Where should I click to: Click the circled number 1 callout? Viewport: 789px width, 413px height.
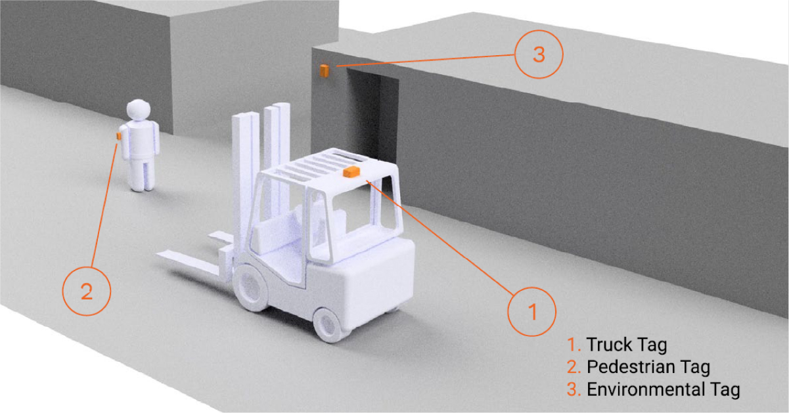tap(532, 312)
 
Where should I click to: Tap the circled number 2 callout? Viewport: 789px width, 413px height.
tap(87, 291)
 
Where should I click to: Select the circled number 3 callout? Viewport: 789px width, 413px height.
tap(539, 54)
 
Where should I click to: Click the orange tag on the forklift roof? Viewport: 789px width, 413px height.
tap(351, 172)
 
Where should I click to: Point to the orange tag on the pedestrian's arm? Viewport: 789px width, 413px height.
tap(119, 136)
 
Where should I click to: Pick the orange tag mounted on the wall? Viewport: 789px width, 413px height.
tap(324, 70)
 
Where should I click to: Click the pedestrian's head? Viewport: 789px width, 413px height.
tap(139, 109)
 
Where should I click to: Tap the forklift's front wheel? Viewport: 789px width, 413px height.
tap(251, 288)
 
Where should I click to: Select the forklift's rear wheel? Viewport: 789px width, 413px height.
tap(328, 324)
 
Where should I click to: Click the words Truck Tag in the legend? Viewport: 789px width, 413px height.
tap(627, 345)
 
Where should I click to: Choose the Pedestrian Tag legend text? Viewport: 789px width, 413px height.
tap(648, 367)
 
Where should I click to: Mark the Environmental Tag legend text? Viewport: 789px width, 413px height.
tap(664, 389)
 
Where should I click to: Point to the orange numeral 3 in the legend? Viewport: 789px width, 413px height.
tap(574, 389)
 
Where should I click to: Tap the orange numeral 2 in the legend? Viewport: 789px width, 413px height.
tap(574, 367)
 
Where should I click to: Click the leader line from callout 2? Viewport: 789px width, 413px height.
tap(104, 205)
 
